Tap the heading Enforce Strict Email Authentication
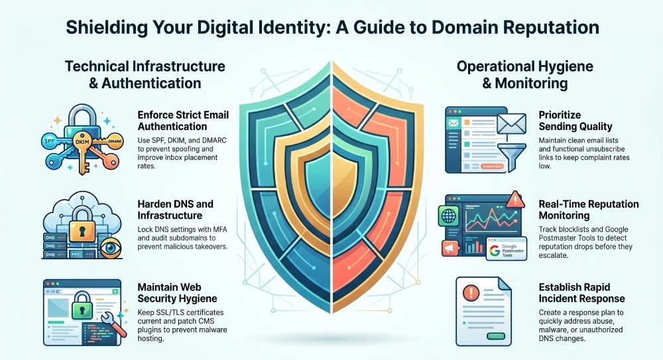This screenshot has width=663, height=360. click(183, 121)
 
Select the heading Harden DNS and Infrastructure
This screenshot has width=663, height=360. click(176, 210)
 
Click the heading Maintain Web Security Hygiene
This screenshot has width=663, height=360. click(177, 293)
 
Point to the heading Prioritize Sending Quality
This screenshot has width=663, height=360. click(575, 121)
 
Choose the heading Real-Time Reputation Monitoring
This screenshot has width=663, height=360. click(589, 210)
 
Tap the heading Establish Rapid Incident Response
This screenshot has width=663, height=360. click(581, 293)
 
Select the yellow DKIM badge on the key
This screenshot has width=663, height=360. click(82, 142)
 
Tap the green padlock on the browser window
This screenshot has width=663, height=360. click(82, 306)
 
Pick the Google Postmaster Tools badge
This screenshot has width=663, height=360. click(507, 249)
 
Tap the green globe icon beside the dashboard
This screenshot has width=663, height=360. click(448, 215)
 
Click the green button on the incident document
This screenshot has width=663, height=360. click(496, 336)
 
